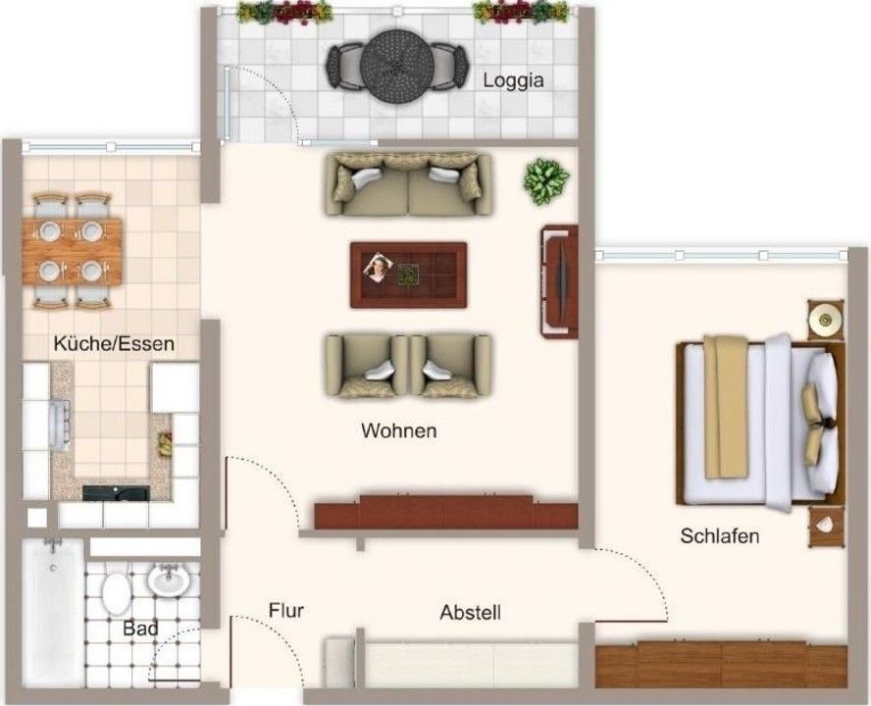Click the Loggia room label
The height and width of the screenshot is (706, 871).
pyautogui.click(x=513, y=81)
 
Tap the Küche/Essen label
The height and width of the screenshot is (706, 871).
pyautogui.click(x=114, y=343)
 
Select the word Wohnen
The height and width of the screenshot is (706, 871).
pyautogui.click(x=399, y=430)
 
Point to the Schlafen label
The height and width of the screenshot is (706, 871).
pyautogui.click(x=719, y=536)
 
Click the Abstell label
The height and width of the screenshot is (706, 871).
pyautogui.click(x=470, y=613)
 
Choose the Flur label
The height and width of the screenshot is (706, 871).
pyautogui.click(x=286, y=611)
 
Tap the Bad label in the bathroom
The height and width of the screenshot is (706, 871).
pyautogui.click(x=140, y=629)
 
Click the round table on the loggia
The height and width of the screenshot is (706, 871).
pyautogui.click(x=396, y=66)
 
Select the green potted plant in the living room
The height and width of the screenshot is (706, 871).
pyautogui.click(x=546, y=181)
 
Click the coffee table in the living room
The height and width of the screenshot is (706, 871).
pyautogui.click(x=408, y=275)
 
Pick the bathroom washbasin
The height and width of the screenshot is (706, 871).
pyautogui.click(x=169, y=580)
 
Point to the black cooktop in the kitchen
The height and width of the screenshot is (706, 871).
pyautogui.click(x=116, y=493)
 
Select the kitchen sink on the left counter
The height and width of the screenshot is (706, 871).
pyautogui.click(x=60, y=425)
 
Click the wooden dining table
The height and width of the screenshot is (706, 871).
pyautogui.click(x=73, y=252)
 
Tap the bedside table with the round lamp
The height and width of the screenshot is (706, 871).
pyautogui.click(x=825, y=320)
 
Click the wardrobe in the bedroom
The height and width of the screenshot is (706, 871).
pyautogui.click(x=721, y=665)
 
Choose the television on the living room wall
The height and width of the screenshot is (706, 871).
pyautogui.click(x=559, y=281)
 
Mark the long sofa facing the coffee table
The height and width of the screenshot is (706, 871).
pyautogui.click(x=408, y=184)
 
